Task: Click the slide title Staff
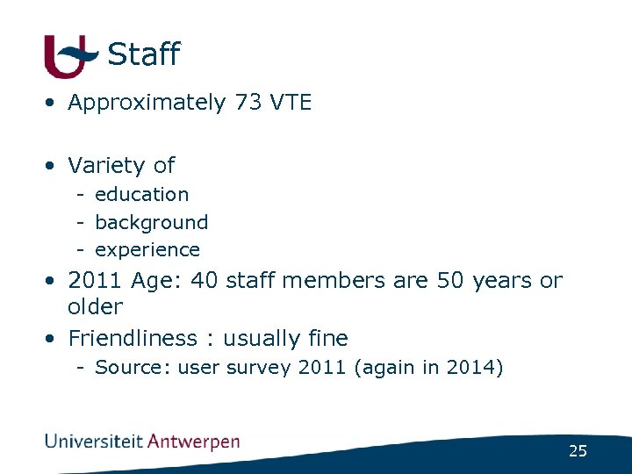click(143, 54)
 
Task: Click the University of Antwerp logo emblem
click(68, 56)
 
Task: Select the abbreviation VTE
click(291, 103)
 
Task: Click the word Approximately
click(147, 103)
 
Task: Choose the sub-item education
click(141, 194)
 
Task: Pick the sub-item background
click(151, 222)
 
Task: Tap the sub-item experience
click(147, 250)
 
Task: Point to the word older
click(95, 307)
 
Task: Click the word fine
click(328, 338)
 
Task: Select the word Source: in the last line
click(133, 367)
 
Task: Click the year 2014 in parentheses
click(473, 367)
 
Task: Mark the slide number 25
click(578, 451)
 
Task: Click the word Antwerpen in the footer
click(193, 441)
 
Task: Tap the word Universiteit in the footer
click(94, 441)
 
